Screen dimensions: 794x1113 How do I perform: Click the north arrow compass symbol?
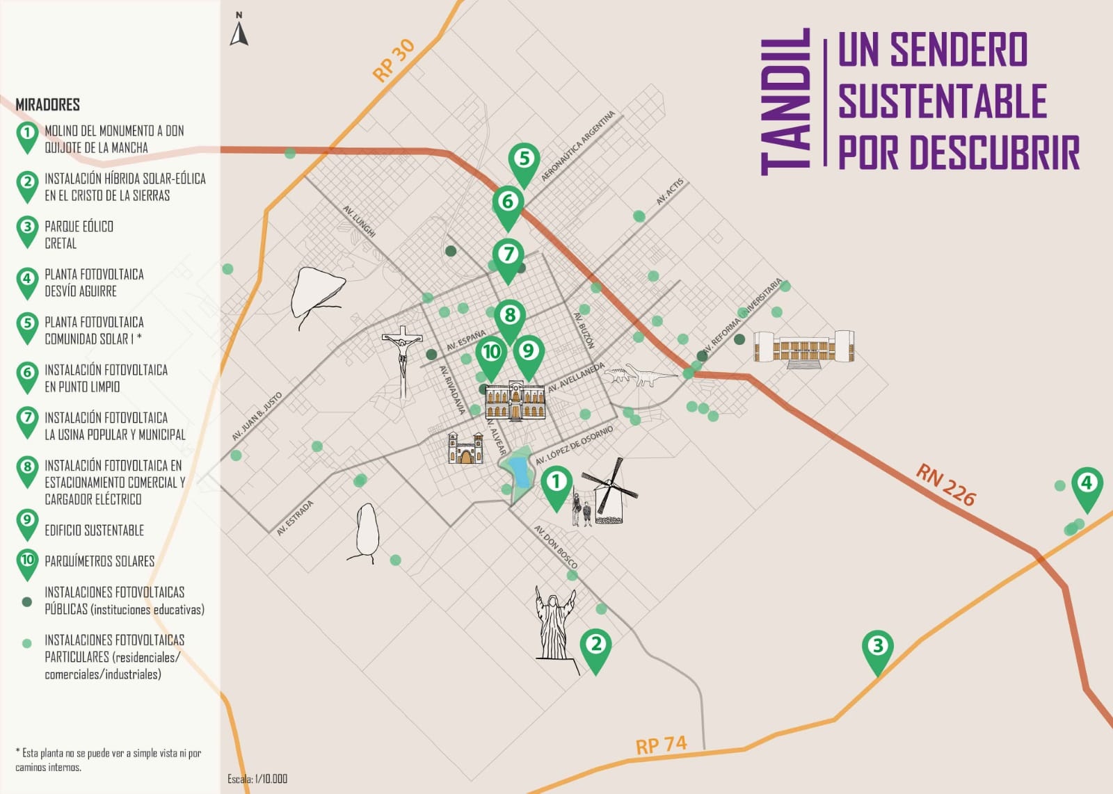(239, 30)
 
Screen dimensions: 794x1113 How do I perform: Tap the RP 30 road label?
(394, 60)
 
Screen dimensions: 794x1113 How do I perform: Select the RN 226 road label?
(945, 484)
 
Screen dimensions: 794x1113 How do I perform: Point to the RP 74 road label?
(661, 745)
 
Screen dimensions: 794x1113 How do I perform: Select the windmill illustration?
(609, 490)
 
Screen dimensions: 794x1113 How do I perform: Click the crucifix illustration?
(402, 359)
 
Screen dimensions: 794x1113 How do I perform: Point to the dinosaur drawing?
(639, 375)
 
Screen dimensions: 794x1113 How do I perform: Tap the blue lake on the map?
(518, 471)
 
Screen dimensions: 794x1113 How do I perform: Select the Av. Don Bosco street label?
(555, 546)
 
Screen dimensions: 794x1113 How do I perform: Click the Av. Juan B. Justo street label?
(257, 416)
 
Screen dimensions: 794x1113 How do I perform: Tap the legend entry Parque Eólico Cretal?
(79, 234)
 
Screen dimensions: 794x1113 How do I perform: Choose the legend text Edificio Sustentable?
(94, 530)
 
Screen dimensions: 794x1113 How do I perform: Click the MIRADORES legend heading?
(48, 104)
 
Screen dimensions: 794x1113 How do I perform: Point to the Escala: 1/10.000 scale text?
(257, 779)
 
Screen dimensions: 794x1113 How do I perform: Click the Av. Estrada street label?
(295, 517)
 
